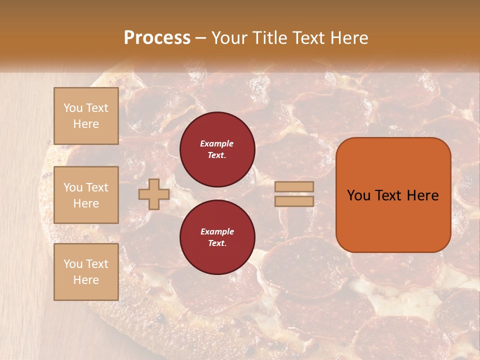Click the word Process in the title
157,38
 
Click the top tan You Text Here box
86,116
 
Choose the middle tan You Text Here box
86,195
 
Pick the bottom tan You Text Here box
86,272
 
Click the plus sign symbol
153,194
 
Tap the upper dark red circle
217,149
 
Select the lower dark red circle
217,237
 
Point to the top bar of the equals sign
294,187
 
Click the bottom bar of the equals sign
294,201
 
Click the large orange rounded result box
393,195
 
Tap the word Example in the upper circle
217,143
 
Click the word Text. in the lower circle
217,243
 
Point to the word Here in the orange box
422,195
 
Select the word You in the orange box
358,195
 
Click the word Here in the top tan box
86,124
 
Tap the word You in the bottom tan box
73,264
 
